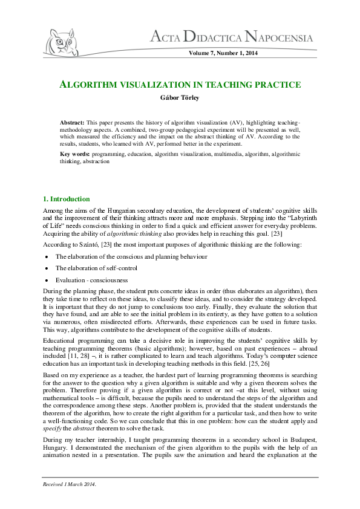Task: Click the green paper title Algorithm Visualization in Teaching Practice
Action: [x=180, y=85]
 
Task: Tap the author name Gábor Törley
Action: [x=180, y=97]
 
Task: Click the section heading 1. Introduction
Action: [x=66, y=199]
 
